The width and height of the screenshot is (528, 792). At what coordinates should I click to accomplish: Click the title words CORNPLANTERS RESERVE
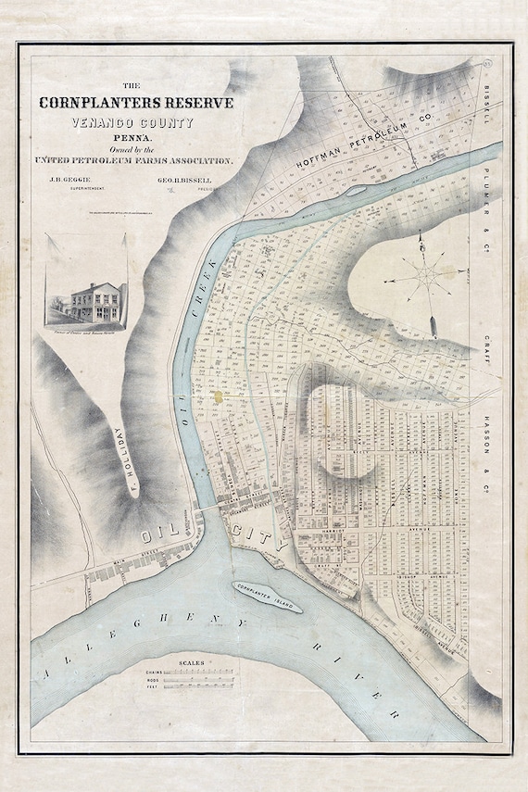click(x=136, y=102)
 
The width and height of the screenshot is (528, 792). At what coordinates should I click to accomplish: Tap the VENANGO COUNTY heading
click(x=136, y=122)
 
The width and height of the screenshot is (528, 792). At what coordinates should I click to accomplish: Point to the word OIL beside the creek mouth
click(x=161, y=535)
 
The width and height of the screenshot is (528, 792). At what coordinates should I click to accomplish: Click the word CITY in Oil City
click(x=259, y=534)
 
